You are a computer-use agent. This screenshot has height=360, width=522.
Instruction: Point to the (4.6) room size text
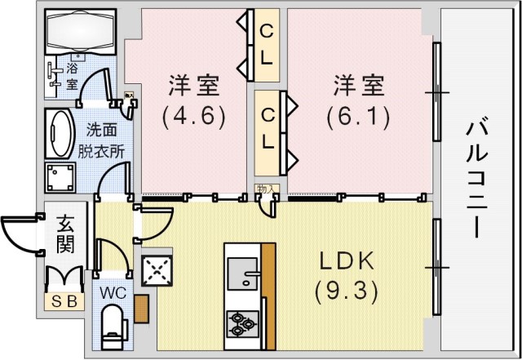coord(192,115)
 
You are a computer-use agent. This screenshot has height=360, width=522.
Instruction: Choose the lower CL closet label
coord(267,128)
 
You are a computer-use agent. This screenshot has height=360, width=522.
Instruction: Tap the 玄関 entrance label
coord(67,233)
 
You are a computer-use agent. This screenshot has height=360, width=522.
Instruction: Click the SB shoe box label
coord(64,301)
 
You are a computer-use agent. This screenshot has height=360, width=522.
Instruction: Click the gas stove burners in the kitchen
coord(242,323)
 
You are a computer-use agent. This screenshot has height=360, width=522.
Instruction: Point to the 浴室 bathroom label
coord(72,75)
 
